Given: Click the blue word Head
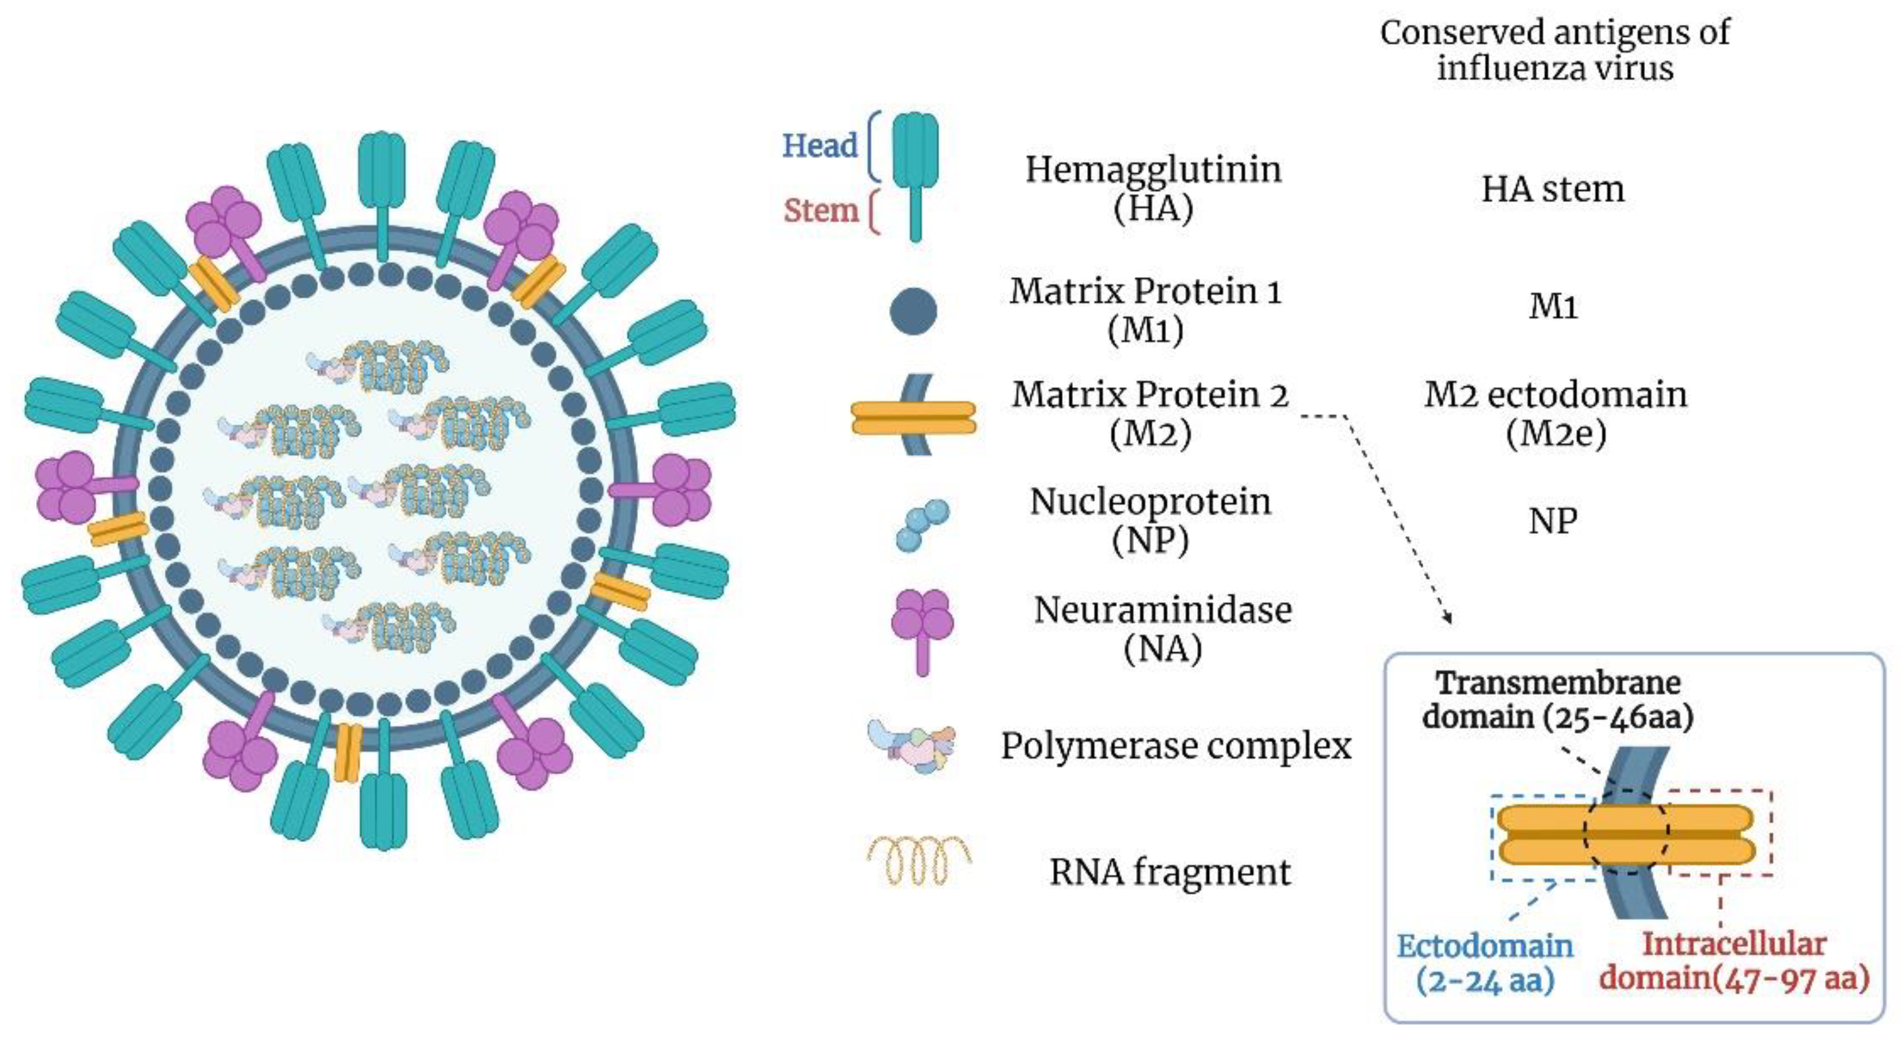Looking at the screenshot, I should click(819, 145).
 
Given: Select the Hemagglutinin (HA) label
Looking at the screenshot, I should click(1152, 188).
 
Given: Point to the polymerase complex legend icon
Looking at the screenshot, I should click(912, 746).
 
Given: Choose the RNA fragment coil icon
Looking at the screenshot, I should click(919, 861).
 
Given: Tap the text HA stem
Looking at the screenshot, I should click(1552, 189).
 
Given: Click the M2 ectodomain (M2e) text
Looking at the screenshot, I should click(1555, 413).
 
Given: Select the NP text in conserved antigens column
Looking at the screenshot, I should click(1552, 521).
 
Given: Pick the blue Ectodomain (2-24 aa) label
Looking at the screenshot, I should click(1485, 962).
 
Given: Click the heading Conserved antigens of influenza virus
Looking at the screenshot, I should click(1554, 50).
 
